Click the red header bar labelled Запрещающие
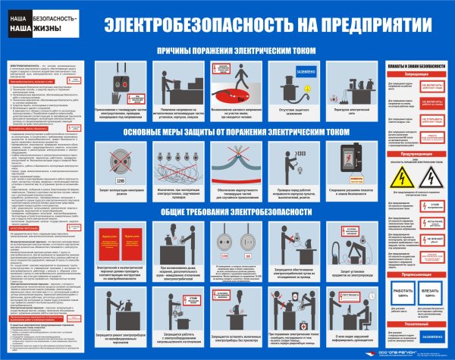pyautogui.click(x=413, y=76)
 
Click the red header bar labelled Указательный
pyautogui.click(x=413, y=323)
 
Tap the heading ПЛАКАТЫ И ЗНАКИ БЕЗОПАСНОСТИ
pyautogui.click(x=413, y=67)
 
